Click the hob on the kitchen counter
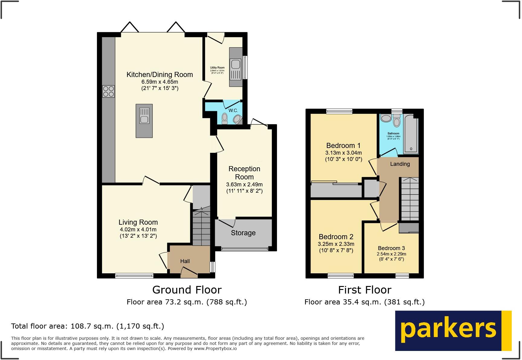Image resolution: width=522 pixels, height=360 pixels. pyautogui.click(x=108, y=92)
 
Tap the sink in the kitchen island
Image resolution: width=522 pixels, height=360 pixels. pyautogui.click(x=144, y=116)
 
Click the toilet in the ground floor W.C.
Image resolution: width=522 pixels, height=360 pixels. pyautogui.click(x=224, y=118)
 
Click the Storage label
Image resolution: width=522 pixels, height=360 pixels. pyautogui.click(x=243, y=233)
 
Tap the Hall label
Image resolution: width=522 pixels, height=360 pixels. pyautogui.click(x=185, y=261)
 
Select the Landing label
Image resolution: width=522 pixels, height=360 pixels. pyautogui.click(x=400, y=164)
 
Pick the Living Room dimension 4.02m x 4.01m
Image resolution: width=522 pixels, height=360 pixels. pyautogui.click(x=138, y=230)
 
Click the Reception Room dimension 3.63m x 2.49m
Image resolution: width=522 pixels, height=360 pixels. pyautogui.click(x=244, y=185)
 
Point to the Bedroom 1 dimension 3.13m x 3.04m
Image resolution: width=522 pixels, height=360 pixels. pyautogui.click(x=343, y=153)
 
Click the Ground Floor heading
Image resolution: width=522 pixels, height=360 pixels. pyautogui.click(x=187, y=290)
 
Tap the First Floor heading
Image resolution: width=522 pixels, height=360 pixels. pyautogui.click(x=365, y=290)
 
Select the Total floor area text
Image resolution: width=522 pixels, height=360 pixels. pyautogui.click(x=88, y=326)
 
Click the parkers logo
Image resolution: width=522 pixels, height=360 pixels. pyautogui.click(x=453, y=330)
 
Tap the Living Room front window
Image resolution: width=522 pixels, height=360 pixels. pyautogui.click(x=134, y=275)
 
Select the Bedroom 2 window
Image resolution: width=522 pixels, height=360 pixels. pyautogui.click(x=341, y=275)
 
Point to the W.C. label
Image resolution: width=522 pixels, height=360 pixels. pyautogui.click(x=233, y=111)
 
